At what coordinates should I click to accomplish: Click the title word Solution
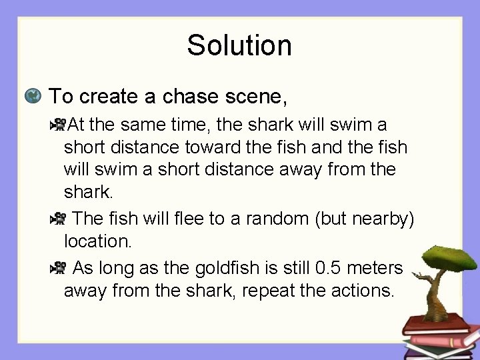point(239,46)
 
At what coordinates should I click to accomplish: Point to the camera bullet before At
point(59,124)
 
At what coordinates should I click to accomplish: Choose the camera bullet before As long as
point(59,269)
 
